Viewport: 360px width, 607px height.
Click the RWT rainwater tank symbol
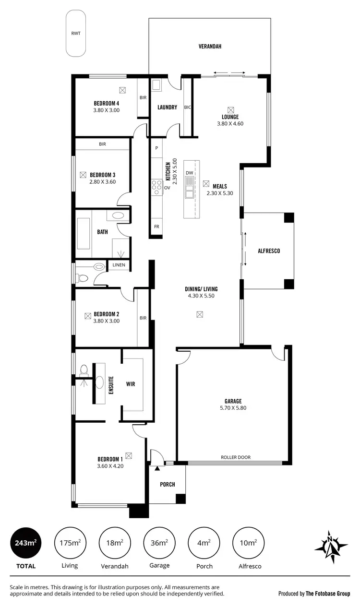tap(76, 34)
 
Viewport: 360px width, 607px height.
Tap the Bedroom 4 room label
tap(106, 103)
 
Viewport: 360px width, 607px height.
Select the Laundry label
tap(167, 107)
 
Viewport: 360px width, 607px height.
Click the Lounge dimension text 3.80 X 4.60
tap(230, 123)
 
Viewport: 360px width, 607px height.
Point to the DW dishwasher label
tap(189, 173)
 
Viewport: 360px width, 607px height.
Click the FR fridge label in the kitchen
tap(156, 226)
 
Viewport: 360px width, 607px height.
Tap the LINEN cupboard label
tap(119, 265)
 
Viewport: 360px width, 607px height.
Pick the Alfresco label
tap(268, 251)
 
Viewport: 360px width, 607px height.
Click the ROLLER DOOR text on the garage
tap(236, 457)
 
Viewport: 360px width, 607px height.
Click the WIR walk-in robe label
tap(131, 384)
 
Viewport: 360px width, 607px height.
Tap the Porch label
tap(168, 484)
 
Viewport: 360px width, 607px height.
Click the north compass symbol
tap(331, 547)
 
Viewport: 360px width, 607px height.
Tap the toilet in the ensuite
tap(84, 370)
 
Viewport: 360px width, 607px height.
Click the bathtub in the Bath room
tap(84, 234)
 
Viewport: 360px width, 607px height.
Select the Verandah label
tap(209, 47)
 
